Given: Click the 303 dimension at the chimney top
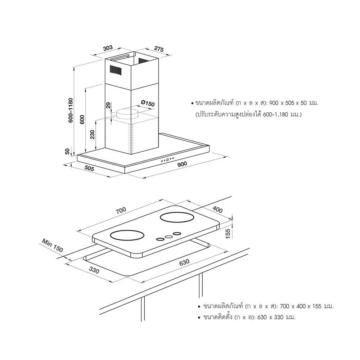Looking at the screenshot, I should tap(108, 48).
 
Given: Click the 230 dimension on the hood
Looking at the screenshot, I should tap(93, 135).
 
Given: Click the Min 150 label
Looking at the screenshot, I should tap(53, 245).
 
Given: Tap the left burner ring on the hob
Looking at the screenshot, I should tap(127, 236).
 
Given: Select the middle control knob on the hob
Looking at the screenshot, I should tap(168, 237).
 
